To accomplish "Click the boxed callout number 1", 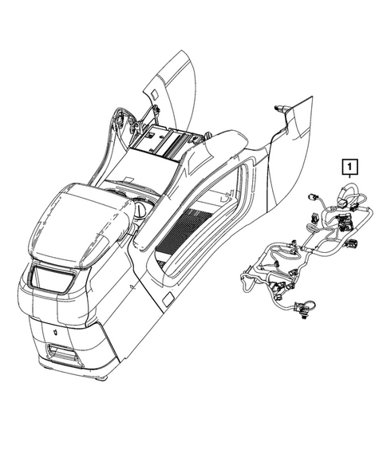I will pyautogui.click(x=350, y=167).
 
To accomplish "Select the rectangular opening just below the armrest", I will pyautogui.click(x=51, y=280).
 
